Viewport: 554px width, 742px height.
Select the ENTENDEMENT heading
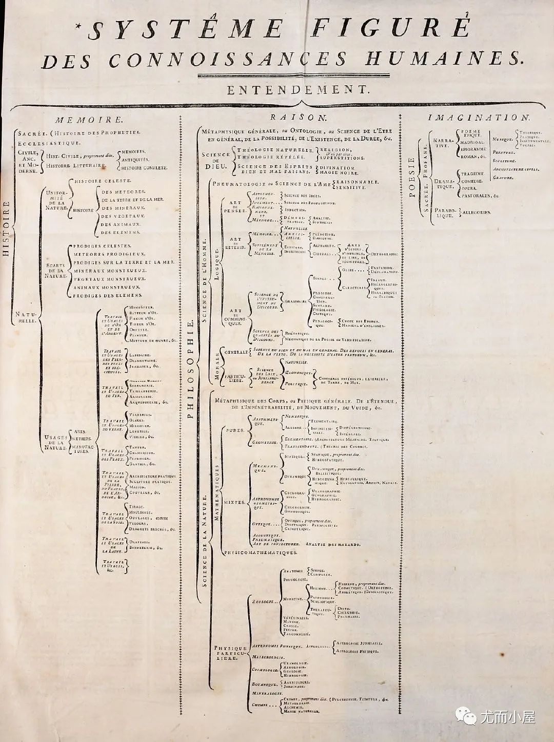[298, 89]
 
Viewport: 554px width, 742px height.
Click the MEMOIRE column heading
[89, 120]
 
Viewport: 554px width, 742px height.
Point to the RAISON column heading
[299, 118]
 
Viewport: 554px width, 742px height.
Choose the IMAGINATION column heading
[472, 118]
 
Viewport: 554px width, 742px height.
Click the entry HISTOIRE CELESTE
[103, 181]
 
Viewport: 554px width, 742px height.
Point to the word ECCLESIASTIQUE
[49, 143]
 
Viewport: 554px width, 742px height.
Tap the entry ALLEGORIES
[477, 212]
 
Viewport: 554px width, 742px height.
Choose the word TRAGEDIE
[472, 174]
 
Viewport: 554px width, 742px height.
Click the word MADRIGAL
[472, 142]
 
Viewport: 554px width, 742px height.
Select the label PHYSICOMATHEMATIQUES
[261, 553]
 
